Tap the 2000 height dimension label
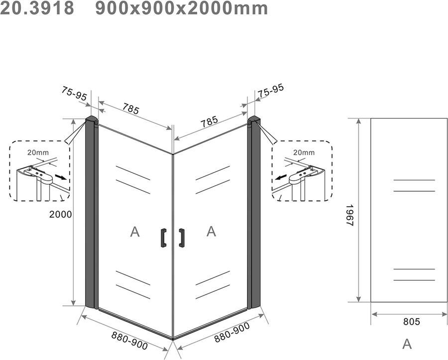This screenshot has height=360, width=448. coord(61,215)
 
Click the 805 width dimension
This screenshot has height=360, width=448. coord(411,322)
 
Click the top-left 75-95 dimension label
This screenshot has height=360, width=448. coord(75,94)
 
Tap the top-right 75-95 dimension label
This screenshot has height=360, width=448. coord(271,90)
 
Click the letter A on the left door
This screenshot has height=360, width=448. coord(134,232)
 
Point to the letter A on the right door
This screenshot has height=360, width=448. coord(211,231)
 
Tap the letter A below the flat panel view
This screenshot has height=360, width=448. coord(407,344)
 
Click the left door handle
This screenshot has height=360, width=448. coord(163,238)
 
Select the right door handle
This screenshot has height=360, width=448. coord(182,238)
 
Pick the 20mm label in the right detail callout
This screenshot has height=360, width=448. coord(304,152)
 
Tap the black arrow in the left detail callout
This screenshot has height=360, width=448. coord(60,177)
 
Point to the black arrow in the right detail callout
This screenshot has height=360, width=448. coord(282,177)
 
